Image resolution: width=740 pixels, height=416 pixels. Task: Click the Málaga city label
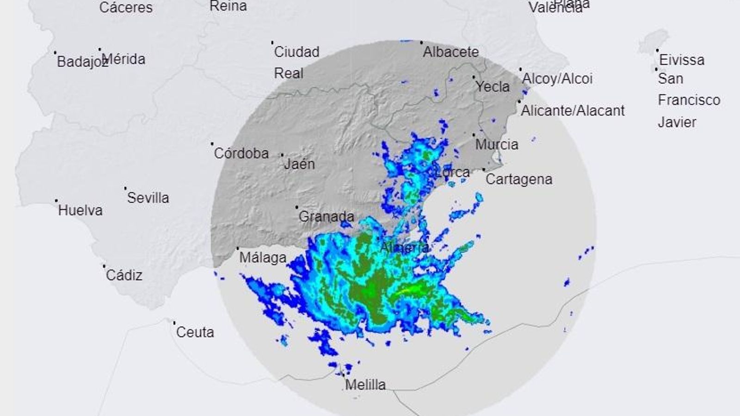(x=263, y=257)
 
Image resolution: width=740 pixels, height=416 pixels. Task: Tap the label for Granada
(x=326, y=216)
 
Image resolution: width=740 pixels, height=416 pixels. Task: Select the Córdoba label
(x=241, y=153)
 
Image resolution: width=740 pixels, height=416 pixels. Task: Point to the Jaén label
(x=299, y=164)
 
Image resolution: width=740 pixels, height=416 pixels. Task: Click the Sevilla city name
(x=148, y=198)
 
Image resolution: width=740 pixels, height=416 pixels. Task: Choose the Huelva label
(x=80, y=210)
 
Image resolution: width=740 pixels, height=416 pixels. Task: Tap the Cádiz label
(x=124, y=275)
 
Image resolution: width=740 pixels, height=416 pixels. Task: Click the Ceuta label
(x=195, y=332)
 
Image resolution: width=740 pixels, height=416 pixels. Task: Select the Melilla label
(x=365, y=384)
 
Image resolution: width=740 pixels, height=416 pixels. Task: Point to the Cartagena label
(x=519, y=179)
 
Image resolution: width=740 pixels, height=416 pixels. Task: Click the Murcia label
(x=497, y=144)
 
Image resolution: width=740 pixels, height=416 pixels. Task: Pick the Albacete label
(x=450, y=52)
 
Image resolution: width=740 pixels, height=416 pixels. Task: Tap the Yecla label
(x=493, y=86)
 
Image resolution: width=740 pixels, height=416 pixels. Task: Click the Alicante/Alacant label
(x=573, y=110)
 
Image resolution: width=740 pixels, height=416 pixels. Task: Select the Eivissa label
(x=682, y=60)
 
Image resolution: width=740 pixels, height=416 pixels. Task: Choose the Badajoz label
(x=81, y=61)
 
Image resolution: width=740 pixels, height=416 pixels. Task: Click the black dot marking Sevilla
(x=125, y=188)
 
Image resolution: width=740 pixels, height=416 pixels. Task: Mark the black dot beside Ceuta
(x=174, y=323)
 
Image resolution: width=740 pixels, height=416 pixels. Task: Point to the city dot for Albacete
(x=421, y=43)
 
